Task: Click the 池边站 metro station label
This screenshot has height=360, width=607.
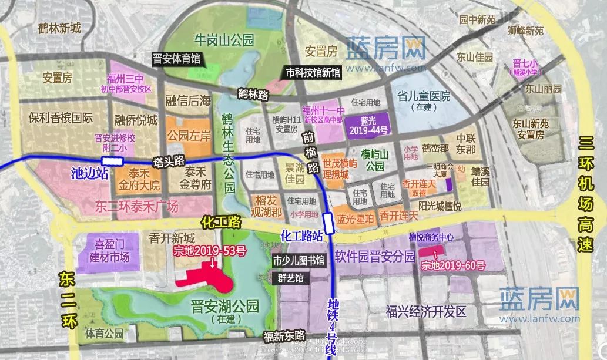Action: pyautogui.click(x=86, y=174)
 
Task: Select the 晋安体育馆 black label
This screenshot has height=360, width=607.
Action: pyautogui.click(x=176, y=59)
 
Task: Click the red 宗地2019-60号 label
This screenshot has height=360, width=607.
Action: pyautogui.click(x=453, y=265)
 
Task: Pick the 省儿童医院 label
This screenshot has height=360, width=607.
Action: pyautogui.click(x=423, y=96)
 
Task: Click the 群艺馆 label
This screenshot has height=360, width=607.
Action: pyautogui.click(x=291, y=279)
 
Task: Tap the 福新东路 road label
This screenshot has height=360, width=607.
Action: pyautogui.click(x=284, y=337)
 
